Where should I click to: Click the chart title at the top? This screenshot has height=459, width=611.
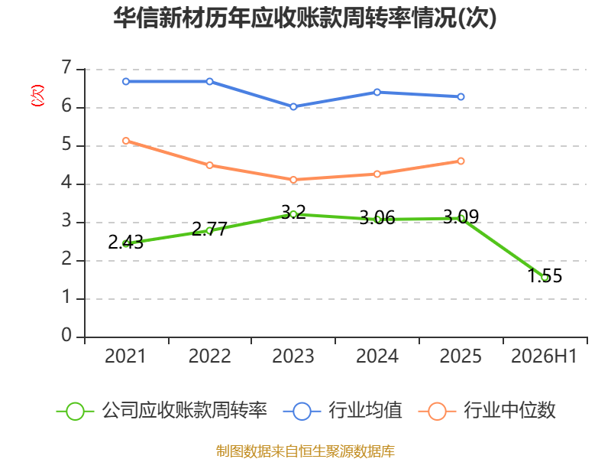coord(305,18)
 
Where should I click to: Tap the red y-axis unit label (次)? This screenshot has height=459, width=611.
coord(37,96)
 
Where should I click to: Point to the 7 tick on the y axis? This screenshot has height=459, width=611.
coord(66,67)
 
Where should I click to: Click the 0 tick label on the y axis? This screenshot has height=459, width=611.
coord(66,335)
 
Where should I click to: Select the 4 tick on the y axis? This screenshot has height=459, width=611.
coord(66,182)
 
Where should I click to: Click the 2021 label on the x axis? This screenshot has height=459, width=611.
coord(125,356)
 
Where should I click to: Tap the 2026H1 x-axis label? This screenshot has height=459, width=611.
coord(544,356)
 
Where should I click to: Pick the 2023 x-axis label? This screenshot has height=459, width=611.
coord(293,356)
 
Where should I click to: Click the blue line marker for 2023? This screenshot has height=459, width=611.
coord(293,106)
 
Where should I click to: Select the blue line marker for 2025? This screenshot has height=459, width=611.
coord(461,96)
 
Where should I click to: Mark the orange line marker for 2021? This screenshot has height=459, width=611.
coord(126,141)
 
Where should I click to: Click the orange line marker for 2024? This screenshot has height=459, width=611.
coord(377,174)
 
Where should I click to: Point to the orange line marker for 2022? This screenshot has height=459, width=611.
coord(209,165)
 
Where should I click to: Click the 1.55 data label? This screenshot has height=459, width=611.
coord(545,275)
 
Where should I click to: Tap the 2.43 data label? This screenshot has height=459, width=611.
coord(125,243)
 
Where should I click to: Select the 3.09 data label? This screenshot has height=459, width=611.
coord(461,216)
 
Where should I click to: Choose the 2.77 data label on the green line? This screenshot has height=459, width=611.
coord(209,229)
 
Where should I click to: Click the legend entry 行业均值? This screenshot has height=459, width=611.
coord(365,411)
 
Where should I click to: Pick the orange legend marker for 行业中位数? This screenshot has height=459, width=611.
coord(437,412)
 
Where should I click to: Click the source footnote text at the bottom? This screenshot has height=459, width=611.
coord(305,451)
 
